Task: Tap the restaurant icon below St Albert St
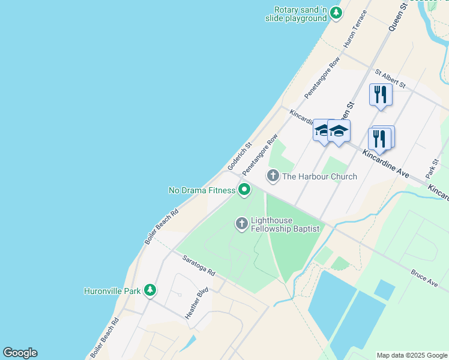381,95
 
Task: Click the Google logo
20,353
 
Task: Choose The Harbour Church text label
319,176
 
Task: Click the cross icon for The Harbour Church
273,176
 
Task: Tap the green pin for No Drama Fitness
244,190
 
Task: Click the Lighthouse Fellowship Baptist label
285,224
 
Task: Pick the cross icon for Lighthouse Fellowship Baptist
242,224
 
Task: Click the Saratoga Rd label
199,263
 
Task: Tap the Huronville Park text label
112,292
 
